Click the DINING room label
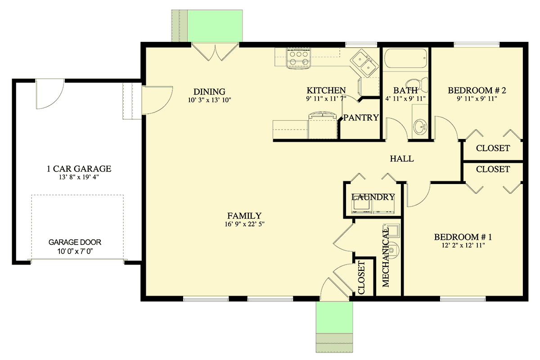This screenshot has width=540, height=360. point(207,91)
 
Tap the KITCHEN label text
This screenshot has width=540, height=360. point(326,90)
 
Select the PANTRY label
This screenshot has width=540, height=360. point(361,118)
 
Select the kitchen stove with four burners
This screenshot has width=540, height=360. point(298,58)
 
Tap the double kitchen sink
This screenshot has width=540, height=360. point(365,63)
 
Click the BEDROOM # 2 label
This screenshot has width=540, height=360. point(477,91)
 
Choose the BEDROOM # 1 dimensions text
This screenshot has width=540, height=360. point(463,246)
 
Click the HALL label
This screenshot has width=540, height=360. point(401,159)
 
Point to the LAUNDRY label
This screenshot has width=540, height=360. point(373,197)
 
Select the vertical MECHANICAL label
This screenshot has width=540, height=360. point(386,257)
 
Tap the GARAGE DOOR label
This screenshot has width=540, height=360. point(75,242)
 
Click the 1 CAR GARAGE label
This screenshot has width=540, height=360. point(79,169)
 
